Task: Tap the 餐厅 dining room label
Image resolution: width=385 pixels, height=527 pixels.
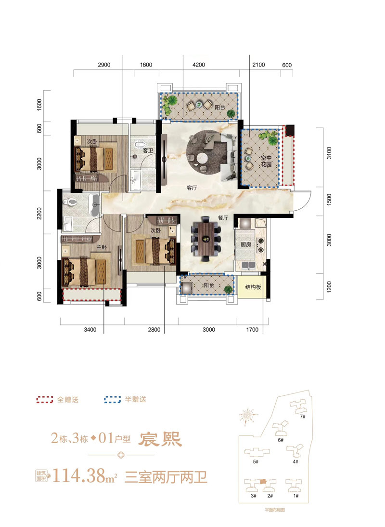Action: pos(222,218)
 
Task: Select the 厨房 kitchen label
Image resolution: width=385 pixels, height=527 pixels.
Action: pos(246,244)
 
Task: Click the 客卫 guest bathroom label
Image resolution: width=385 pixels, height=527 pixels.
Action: pos(148,150)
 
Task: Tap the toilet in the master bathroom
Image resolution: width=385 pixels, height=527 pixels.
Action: pos(72,202)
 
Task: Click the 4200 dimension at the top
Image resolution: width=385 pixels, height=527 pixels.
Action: pos(199,65)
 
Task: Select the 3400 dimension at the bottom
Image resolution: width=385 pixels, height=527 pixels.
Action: pos(90,330)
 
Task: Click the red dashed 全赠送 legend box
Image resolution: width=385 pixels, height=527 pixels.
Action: pos(45,400)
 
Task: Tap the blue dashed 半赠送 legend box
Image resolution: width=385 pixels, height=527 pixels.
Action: pos(112,400)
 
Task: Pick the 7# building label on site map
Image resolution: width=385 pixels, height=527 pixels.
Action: pos(303,417)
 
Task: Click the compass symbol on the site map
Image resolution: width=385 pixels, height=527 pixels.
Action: pos(248,415)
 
